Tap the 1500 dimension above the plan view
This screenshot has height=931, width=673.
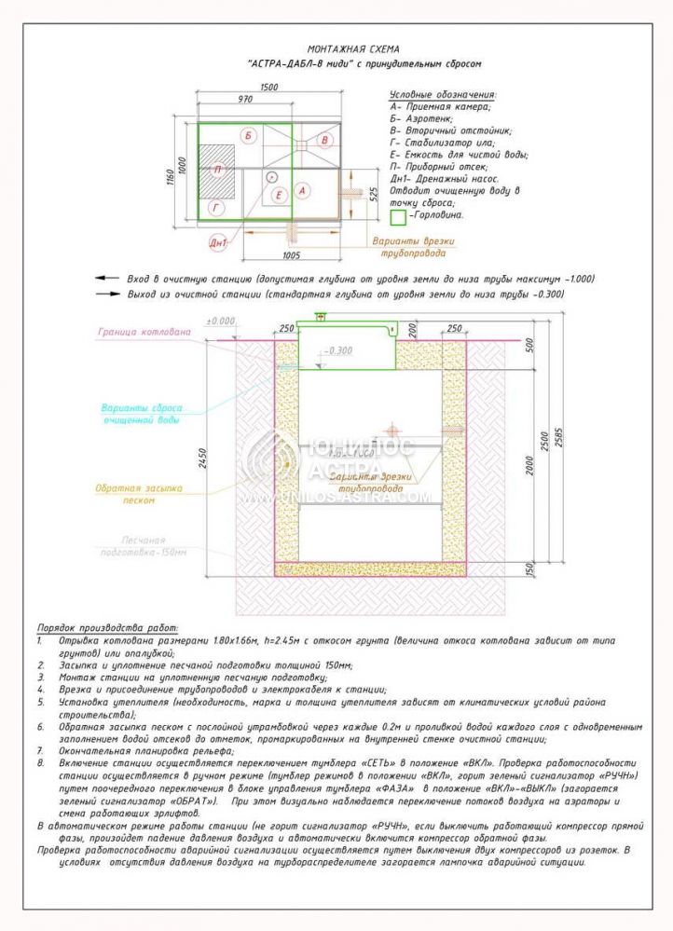[270, 87]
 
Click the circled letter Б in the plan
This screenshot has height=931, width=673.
[248, 136]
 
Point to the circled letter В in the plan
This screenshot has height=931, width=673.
[323, 140]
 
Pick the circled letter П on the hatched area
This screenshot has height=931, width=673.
[217, 170]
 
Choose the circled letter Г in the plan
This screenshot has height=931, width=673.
[217, 209]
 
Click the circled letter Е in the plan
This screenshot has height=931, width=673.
[279, 195]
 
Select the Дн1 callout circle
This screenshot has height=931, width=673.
[219, 243]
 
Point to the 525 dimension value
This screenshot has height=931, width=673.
[372, 194]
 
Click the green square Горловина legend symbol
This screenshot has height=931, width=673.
[397, 216]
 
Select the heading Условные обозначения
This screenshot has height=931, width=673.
[442, 94]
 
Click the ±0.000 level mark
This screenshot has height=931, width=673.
[223, 322]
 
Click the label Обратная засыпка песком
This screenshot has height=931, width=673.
[141, 493]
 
